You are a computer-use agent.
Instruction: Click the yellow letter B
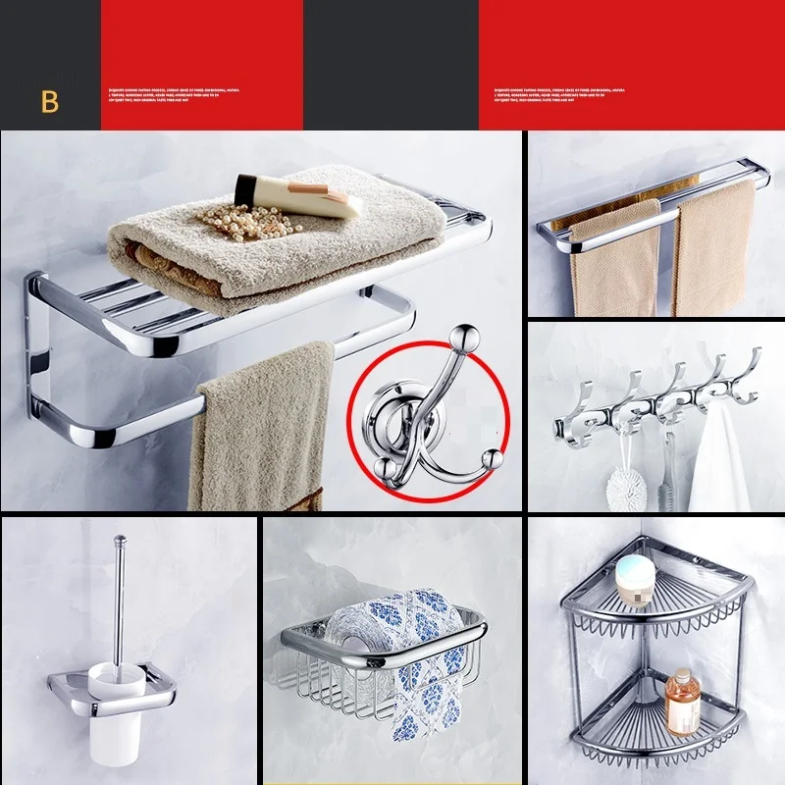click(x=50, y=102)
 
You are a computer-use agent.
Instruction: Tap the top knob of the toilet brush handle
click(x=121, y=539)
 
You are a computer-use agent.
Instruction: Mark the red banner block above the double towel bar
click(x=632, y=64)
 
